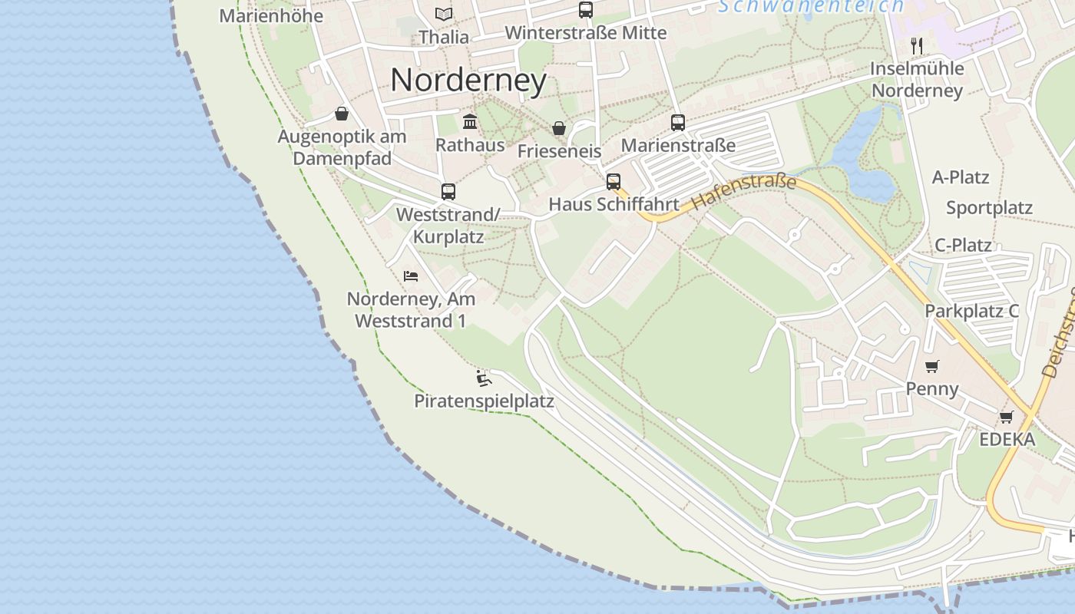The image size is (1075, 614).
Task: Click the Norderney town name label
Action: [x=468, y=80]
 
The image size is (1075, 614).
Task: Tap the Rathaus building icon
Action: [x=470, y=121]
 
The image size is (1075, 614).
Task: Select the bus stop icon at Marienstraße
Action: [x=678, y=122]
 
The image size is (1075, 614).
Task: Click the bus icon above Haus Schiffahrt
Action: [x=613, y=182]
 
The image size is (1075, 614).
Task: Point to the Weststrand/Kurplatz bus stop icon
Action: [x=448, y=191]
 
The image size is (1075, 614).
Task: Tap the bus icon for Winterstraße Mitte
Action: [x=586, y=10]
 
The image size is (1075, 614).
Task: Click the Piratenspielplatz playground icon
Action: [x=483, y=378]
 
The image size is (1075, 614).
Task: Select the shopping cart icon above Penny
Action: [x=932, y=366]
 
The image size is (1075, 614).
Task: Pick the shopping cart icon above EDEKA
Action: [x=1006, y=417]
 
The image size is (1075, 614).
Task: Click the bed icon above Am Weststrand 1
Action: [x=411, y=276]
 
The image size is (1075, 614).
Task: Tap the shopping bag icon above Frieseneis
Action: [x=559, y=128]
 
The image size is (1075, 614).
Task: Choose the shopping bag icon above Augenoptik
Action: [x=342, y=114]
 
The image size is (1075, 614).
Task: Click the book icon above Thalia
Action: [x=444, y=14]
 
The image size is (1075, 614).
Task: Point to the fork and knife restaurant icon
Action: [x=916, y=45]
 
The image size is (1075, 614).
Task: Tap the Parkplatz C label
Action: [x=971, y=311]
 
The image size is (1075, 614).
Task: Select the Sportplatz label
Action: [x=989, y=208]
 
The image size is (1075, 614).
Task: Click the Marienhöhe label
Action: [x=271, y=15]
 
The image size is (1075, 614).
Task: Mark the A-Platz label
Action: [x=961, y=177]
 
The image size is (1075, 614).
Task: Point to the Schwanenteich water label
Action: [x=811, y=6]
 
